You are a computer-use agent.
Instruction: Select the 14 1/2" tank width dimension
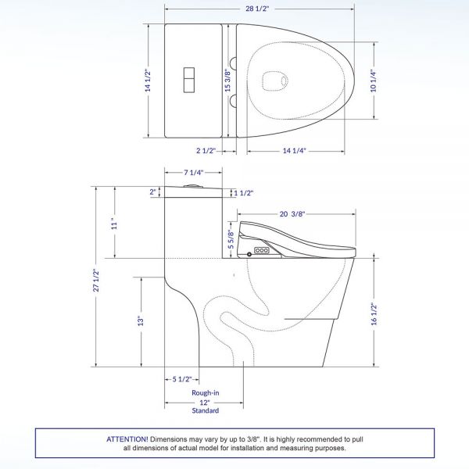pos(148,81)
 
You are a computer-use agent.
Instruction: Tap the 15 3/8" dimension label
pos(227,81)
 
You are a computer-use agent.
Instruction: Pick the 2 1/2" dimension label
pos(205,151)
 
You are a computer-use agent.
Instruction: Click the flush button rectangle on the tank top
pos(190,80)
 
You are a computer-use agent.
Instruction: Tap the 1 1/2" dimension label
pos(245,192)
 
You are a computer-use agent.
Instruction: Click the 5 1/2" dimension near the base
pos(181,379)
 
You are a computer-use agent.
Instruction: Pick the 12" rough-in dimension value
pos(206,402)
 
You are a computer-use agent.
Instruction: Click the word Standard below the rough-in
pos(206,410)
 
